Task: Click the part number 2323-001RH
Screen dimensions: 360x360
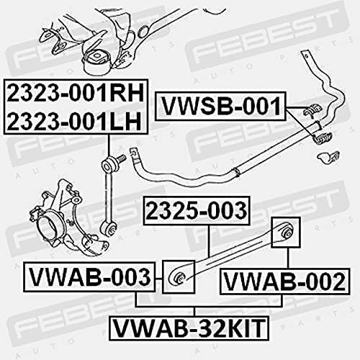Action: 76,93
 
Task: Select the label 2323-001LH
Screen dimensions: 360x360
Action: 74,120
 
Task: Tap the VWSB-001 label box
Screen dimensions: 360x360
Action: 221,106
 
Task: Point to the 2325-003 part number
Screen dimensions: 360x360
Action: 197,211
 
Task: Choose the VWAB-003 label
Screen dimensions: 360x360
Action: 89,277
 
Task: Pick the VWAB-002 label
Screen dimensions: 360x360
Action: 285,282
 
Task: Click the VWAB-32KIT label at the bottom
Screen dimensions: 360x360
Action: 189,328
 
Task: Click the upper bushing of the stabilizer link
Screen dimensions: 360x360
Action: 107,164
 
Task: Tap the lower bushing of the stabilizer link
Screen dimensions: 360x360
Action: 109,229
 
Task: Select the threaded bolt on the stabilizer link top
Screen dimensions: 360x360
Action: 121,158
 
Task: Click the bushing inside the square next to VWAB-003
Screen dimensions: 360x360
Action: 179,277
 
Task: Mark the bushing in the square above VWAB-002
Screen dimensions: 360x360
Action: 285,233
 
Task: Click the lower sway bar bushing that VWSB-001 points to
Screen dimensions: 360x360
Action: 323,138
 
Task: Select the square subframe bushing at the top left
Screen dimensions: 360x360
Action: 96,60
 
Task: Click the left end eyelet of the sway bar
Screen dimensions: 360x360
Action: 133,153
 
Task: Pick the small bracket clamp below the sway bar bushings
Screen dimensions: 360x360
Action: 328,156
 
